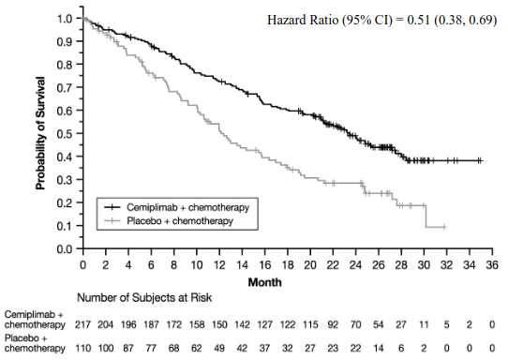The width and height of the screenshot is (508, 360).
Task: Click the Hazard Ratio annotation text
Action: [382, 20]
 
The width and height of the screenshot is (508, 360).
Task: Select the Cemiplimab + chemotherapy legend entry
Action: [176, 207]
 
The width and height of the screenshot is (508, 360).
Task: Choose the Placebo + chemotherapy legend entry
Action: [169, 221]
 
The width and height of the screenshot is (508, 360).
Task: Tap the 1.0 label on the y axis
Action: [64, 19]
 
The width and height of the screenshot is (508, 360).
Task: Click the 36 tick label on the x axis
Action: [492, 265]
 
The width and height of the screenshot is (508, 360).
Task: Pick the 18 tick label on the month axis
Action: [288, 265]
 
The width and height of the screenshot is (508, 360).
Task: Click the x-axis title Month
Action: [264, 282]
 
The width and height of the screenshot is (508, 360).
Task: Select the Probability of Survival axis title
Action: [40, 133]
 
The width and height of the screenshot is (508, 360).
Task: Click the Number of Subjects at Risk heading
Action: [144, 297]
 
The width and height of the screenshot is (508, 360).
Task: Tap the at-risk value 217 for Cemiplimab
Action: [82, 324]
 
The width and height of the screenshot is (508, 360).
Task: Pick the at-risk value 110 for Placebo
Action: [82, 349]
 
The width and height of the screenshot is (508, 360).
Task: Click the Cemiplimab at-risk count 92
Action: [333, 324]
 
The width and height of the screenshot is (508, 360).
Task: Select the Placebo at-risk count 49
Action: [219, 349]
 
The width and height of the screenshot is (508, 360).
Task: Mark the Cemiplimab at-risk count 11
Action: [424, 324]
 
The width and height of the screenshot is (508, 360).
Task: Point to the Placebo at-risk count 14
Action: [379, 349]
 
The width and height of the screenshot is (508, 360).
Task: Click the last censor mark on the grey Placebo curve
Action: [444, 227]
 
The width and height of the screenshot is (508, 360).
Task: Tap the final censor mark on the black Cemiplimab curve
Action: [481, 160]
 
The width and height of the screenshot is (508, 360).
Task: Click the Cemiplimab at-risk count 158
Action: [197, 324]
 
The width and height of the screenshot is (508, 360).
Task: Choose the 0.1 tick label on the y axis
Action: [64, 226]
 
